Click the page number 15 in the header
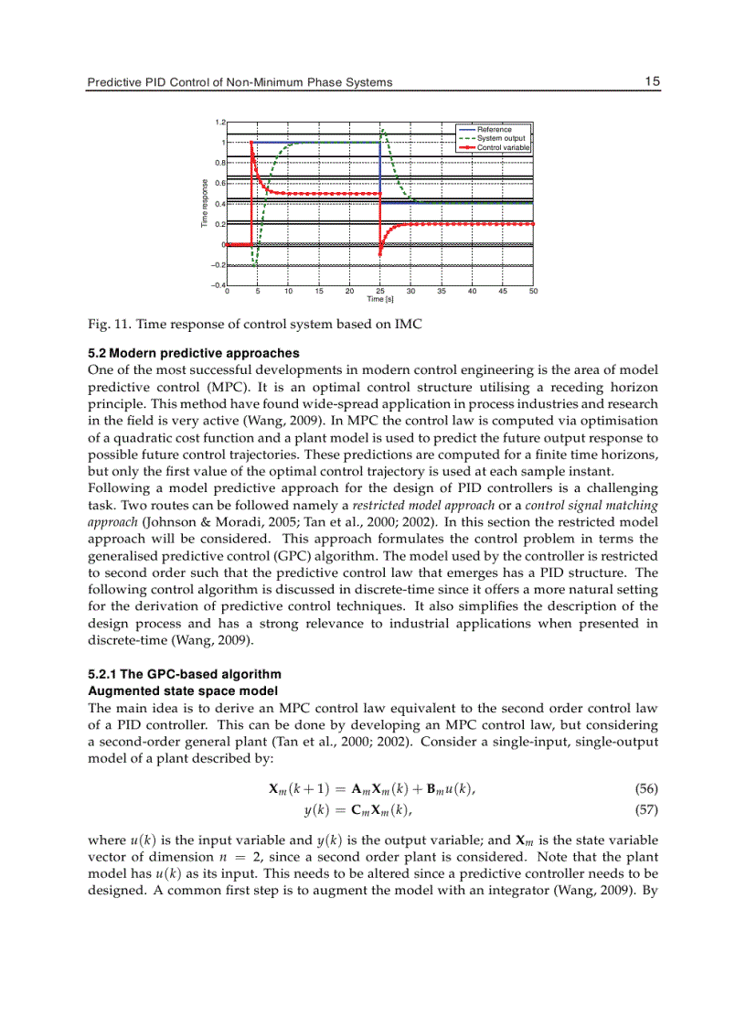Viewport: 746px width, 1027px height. pos(651,81)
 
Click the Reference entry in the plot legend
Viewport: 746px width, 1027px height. pos(495,130)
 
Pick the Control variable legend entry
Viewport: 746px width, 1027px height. pos(502,146)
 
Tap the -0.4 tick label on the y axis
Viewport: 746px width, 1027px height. pos(218,285)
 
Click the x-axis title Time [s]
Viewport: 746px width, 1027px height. pos(379,299)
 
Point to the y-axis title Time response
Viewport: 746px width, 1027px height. pos(206,204)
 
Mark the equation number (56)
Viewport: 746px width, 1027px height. pos(645,788)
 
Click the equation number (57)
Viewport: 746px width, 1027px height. pos(645,808)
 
